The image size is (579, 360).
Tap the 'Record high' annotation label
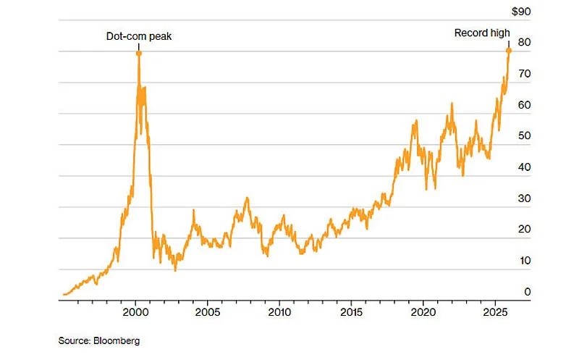click(482, 33)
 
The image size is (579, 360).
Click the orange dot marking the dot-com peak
click(138, 54)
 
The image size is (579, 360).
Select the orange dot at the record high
click(509, 50)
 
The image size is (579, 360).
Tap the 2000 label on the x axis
click(136, 313)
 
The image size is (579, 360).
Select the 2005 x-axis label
click(208, 313)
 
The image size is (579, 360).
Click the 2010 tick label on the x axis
click(279, 313)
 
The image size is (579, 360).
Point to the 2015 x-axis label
click(351, 313)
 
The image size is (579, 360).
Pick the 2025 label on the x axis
click(494, 313)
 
